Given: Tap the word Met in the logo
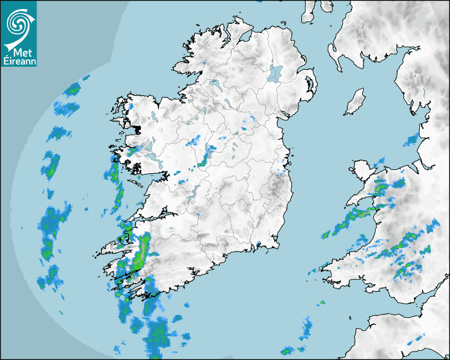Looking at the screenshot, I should pos(19,53).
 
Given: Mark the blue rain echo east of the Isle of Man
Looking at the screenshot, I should pos(411,140).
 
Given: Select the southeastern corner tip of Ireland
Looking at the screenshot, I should pos(276,245).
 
